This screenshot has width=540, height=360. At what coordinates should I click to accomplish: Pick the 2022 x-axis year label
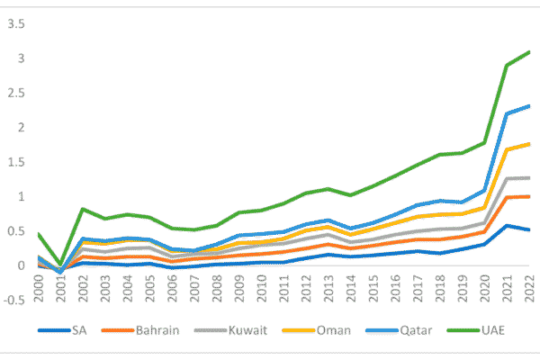click(x=528, y=289)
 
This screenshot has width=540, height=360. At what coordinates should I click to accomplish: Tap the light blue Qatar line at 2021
click(x=508, y=113)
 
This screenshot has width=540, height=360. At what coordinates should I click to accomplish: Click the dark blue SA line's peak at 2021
click(x=508, y=225)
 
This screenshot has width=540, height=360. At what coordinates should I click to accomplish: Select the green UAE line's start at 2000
click(x=38, y=233)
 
